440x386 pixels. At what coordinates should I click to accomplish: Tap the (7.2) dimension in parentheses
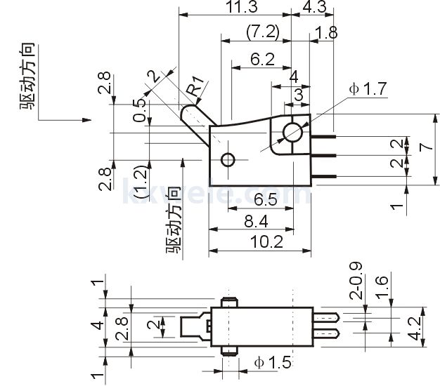pyautogui.click(x=262, y=32)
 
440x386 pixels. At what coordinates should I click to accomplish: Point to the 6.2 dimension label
pyautogui.click(x=261, y=60)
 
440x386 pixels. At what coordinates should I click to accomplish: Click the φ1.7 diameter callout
pyautogui.click(x=367, y=90)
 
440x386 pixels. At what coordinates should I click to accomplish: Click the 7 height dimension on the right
pyautogui.click(x=422, y=147)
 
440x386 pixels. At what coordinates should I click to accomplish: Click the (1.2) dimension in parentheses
pyautogui.click(x=141, y=182)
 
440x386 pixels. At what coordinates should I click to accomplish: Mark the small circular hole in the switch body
pyautogui.click(x=226, y=160)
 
